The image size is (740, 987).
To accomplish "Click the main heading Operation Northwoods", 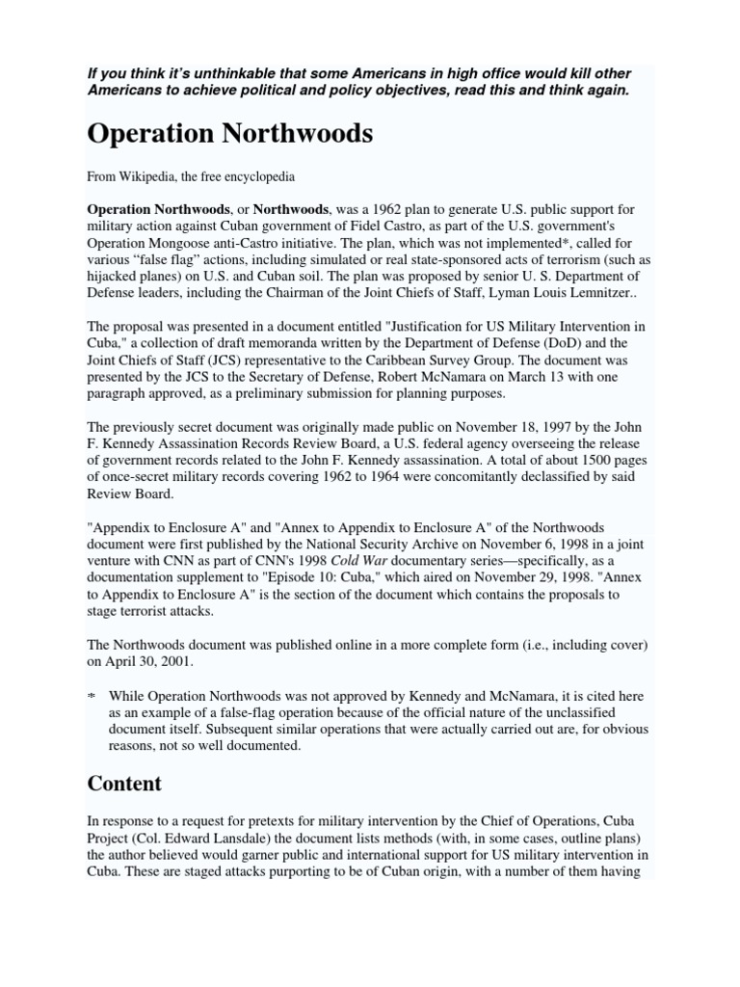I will (x=229, y=134).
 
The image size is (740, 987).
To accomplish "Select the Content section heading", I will (x=124, y=784).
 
